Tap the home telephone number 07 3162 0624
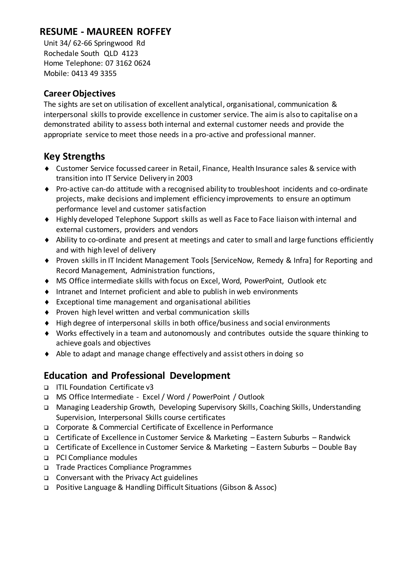pos(128,63)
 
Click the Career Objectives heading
pos(79,93)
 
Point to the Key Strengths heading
pos(74,156)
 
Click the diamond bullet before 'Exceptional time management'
pos(47,302)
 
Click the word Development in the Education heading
pos(200,376)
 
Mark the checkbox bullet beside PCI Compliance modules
pos(46,458)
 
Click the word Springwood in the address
pos(113,43)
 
